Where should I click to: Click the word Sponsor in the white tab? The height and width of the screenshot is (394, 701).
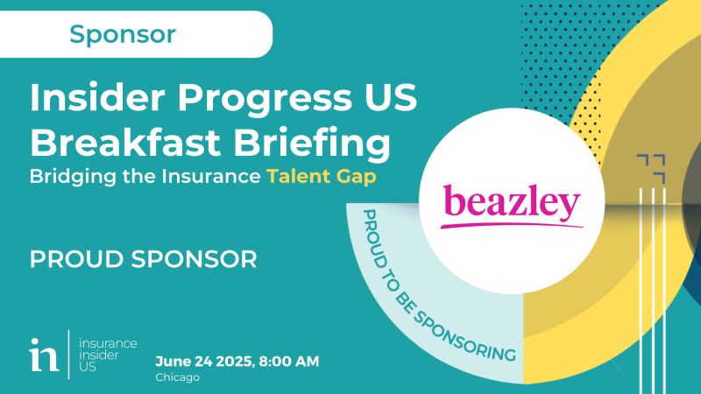point(122,34)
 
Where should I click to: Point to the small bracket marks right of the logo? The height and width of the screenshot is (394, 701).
point(651,167)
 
